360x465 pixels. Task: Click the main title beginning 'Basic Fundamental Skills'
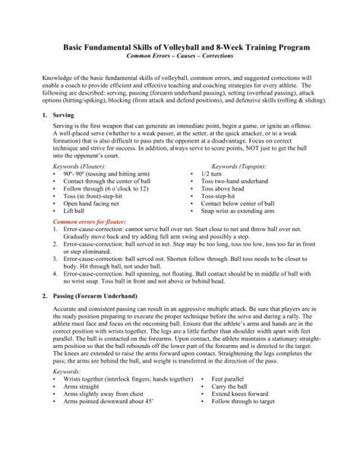[180, 47]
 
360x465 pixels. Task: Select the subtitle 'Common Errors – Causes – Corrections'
[180, 57]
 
